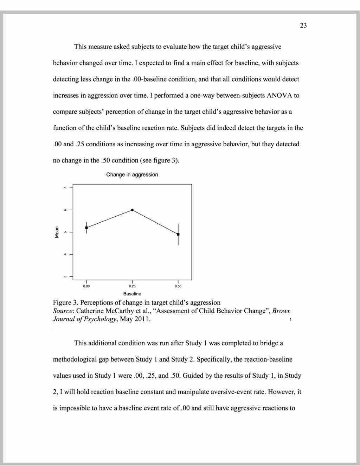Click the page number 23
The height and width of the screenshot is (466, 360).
(x=303, y=25)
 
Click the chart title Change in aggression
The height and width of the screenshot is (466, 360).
(x=132, y=175)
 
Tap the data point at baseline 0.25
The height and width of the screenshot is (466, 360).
(x=132, y=210)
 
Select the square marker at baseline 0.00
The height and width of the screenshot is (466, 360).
(x=86, y=228)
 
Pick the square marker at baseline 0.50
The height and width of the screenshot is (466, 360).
(x=178, y=234)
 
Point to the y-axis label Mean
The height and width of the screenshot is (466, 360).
(x=57, y=232)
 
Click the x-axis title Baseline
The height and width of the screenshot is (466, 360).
(x=132, y=294)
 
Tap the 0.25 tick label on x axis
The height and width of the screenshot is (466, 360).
(x=132, y=286)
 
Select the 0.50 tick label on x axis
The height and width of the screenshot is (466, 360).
(x=178, y=286)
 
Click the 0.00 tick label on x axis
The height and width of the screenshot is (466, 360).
(x=86, y=286)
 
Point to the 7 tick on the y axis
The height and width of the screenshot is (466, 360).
(x=65, y=188)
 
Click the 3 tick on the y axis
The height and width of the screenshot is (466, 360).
(x=65, y=276)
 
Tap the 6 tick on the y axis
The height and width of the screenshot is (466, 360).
(x=65, y=210)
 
